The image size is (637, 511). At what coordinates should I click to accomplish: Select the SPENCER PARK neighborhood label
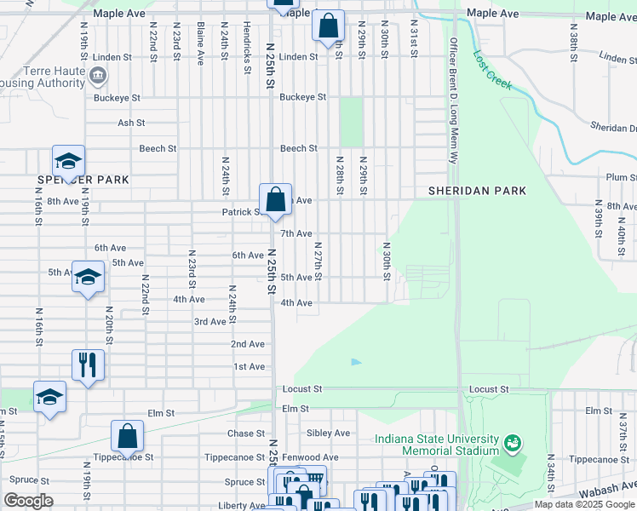tap(83, 180)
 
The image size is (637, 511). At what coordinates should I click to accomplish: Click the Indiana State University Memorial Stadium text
tap(437, 445)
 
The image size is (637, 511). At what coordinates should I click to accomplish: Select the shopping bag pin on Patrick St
tap(276, 201)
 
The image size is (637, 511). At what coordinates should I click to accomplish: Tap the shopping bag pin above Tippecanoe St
tap(127, 438)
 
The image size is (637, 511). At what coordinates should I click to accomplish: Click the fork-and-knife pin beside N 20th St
tap(88, 366)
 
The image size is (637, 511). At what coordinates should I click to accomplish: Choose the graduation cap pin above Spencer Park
tap(68, 161)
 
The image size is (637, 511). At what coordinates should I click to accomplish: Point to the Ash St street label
tap(131, 123)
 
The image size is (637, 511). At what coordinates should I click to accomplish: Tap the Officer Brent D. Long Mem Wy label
tap(453, 100)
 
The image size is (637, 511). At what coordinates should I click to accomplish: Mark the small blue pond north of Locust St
tap(356, 362)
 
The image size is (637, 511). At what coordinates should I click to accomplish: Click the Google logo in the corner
tap(29, 501)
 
